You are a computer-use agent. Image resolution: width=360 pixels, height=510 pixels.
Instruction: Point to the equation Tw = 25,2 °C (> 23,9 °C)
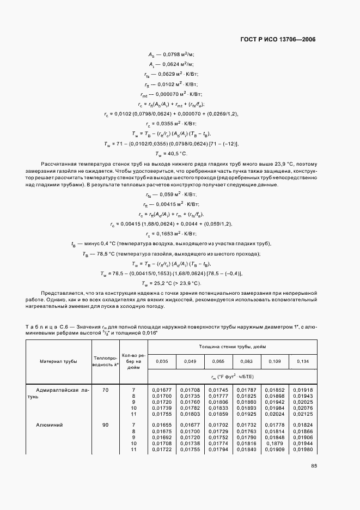[x=171, y=283]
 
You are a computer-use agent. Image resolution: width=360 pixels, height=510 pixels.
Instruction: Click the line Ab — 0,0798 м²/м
[x=171, y=54]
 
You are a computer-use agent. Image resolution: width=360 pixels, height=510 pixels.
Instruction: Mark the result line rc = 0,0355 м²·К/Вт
[x=171, y=124]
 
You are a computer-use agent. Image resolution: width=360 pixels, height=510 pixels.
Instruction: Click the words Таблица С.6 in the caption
[x=45, y=326]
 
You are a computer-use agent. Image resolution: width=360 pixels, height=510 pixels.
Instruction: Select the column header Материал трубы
[x=58, y=361]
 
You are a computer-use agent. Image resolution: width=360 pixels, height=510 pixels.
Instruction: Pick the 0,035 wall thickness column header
[x=162, y=361]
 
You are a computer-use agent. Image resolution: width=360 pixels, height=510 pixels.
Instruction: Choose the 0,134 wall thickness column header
[x=302, y=361]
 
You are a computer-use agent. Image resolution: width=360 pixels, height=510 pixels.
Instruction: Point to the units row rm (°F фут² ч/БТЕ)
[x=232, y=377]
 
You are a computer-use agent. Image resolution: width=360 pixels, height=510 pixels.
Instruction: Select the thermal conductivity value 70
[x=105, y=390]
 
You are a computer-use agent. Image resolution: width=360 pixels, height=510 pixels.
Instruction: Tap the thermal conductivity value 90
[x=105, y=424]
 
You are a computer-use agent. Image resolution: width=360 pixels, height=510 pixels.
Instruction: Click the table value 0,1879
[x=274, y=444]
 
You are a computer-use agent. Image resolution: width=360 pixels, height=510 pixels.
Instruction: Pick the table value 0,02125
[x=302, y=414]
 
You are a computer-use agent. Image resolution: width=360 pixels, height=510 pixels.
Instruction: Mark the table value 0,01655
[x=162, y=424]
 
